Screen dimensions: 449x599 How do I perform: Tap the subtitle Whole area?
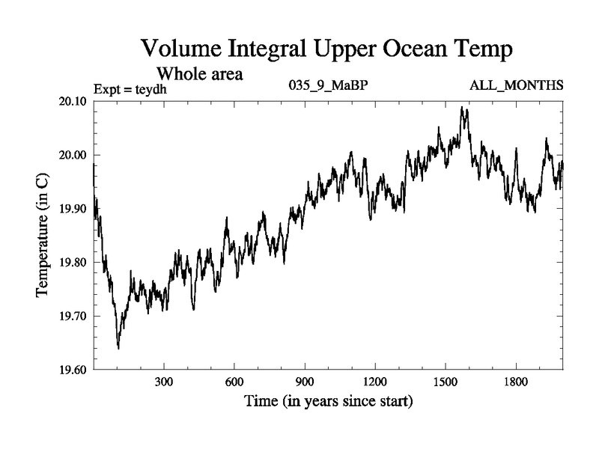pyautogui.click(x=200, y=74)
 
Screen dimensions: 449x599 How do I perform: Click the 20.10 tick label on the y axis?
pyautogui.click(x=73, y=102)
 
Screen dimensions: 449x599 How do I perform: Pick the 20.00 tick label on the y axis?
pyautogui.click(x=73, y=156)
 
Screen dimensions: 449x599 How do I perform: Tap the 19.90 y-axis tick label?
pyautogui.click(x=73, y=209)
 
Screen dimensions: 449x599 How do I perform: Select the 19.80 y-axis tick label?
pyautogui.click(x=73, y=263)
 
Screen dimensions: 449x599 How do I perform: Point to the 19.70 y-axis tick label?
pyautogui.click(x=73, y=316)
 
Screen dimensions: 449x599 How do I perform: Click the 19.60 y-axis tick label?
pyautogui.click(x=73, y=370)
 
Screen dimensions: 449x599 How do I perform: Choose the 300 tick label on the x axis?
pyautogui.click(x=163, y=382)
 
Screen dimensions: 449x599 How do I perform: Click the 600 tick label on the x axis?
pyautogui.click(x=234, y=382)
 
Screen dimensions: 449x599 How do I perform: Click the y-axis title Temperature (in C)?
pyautogui.click(x=43, y=236)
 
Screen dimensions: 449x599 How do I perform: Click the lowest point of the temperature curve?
pyautogui.click(x=118, y=348)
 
